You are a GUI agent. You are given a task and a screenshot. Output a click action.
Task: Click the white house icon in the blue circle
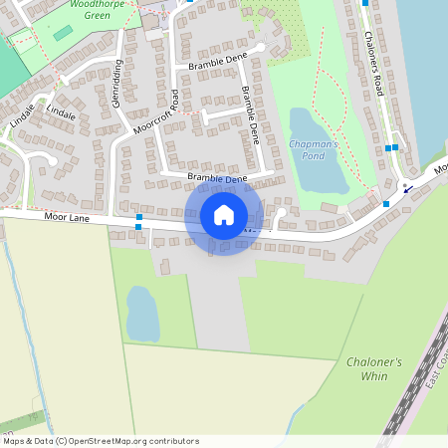tap(223, 214)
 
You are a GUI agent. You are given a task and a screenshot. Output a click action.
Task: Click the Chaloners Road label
tap(373, 65)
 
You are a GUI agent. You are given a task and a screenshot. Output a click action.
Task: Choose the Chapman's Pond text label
tap(314, 150)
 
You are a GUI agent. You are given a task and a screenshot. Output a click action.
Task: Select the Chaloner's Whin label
tap(374, 368)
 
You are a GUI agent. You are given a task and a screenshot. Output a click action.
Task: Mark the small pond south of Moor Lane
tap(142, 314)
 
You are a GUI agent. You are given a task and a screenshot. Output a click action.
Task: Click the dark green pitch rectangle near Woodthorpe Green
tap(63, 33)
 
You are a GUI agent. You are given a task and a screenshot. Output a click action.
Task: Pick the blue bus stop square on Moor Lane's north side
tap(139, 216)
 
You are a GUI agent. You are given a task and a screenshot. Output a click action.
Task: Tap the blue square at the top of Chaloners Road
tap(364, 3)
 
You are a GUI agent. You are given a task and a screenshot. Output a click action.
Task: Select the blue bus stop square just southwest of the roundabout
tap(386, 203)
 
